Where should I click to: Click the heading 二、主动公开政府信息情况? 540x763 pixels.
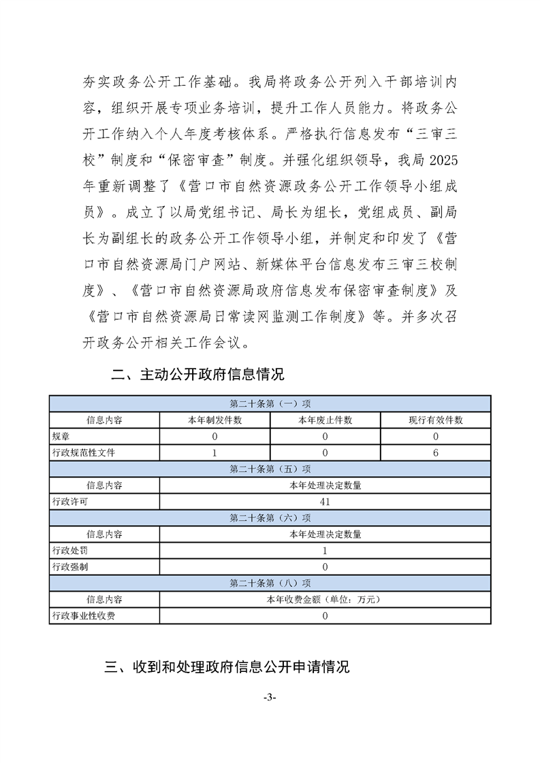click(x=197, y=374)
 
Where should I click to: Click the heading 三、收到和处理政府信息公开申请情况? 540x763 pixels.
click(x=227, y=666)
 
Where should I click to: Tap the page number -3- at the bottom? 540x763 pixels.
click(x=270, y=698)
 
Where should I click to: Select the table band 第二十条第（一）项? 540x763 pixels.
click(x=270, y=404)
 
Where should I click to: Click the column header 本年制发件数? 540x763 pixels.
click(x=215, y=420)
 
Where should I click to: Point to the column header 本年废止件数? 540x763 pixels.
click(x=325, y=420)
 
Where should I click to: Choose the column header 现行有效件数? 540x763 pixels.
click(x=435, y=420)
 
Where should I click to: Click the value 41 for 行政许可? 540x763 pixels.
click(x=325, y=502)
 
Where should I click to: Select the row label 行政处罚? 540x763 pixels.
click(x=70, y=551)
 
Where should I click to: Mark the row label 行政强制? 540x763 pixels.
click(x=70, y=567)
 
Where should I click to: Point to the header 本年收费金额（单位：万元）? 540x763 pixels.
click(x=325, y=600)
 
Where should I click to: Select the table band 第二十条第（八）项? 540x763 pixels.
click(x=270, y=583)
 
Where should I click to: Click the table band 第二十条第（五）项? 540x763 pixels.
click(x=270, y=469)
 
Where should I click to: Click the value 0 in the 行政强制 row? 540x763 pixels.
click(x=325, y=567)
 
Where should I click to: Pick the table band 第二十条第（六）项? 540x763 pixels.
click(x=270, y=518)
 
